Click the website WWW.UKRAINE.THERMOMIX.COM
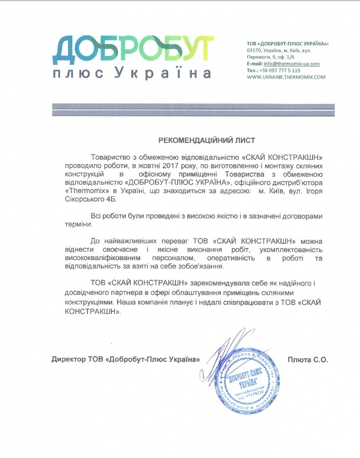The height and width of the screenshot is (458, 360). (x=286, y=77)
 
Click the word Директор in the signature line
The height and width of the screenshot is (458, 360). (x=69, y=359)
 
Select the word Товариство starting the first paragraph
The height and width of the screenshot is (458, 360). (x=112, y=157)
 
